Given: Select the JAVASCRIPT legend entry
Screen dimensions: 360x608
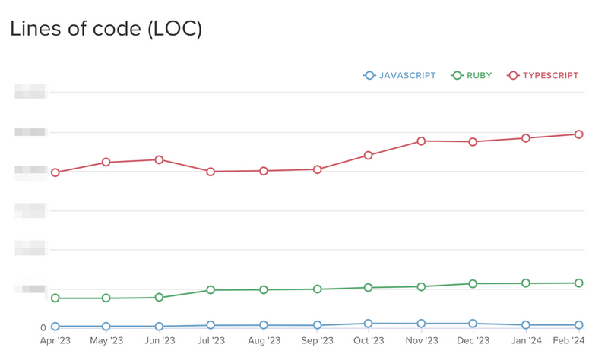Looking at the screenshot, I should click(x=401, y=76).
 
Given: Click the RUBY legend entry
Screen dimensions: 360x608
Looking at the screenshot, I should click(x=472, y=76).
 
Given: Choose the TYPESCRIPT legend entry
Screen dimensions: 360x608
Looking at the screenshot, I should click(x=543, y=76).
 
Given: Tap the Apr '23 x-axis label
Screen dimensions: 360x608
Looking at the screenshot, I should click(x=55, y=341).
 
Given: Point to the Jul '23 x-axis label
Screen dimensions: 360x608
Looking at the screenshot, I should click(x=211, y=341).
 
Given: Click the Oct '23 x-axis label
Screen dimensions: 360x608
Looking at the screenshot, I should click(x=368, y=341).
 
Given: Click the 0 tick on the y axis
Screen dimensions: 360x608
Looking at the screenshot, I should click(x=43, y=328).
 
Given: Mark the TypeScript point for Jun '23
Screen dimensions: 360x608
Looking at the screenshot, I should click(x=159, y=159).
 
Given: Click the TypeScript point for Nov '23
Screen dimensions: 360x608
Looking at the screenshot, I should click(x=420, y=141).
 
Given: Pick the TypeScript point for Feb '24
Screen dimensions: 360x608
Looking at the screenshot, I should click(x=578, y=134).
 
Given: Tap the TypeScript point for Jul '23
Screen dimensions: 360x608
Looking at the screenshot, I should click(x=211, y=172).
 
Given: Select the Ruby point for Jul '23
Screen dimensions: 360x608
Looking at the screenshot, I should click(x=211, y=290).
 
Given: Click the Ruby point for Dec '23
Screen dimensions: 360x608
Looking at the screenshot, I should click(x=473, y=283).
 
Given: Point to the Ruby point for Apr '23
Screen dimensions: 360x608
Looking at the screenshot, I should click(x=55, y=298).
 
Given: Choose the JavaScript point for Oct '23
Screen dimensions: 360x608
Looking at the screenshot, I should click(x=368, y=324).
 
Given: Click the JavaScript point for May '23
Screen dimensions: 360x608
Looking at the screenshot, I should click(x=106, y=327).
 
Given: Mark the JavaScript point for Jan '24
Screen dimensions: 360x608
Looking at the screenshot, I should click(x=525, y=325).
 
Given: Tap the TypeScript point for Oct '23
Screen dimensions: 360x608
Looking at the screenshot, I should click(x=368, y=155).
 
